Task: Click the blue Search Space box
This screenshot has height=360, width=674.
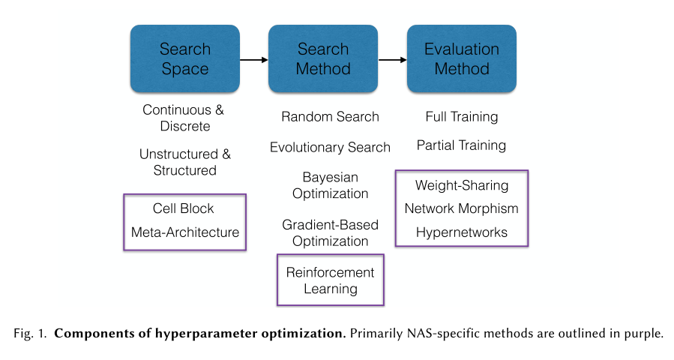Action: [184, 58]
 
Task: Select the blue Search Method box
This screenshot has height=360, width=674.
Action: [323, 58]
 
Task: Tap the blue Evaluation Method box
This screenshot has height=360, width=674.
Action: [461, 58]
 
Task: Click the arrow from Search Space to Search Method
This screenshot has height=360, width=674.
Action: [253, 59]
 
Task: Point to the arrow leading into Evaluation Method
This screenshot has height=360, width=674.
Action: [392, 59]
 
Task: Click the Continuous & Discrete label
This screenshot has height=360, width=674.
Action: [184, 118]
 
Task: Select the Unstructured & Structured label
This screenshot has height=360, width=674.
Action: [184, 162]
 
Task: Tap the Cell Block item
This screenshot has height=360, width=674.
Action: [184, 208]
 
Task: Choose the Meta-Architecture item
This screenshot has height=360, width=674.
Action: [184, 232]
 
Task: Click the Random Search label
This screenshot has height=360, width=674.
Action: [330, 117]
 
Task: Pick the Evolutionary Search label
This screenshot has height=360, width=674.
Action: [330, 147]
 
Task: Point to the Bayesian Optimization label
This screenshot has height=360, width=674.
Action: [330, 185]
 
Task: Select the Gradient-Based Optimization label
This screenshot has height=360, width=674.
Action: [330, 232]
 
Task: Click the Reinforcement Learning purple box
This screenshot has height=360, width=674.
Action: [330, 280]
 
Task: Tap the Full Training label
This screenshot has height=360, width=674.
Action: [461, 117]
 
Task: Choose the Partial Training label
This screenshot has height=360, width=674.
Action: [461, 145]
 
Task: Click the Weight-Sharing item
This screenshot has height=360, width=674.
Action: [461, 185]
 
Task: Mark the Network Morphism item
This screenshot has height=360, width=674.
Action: [461, 208]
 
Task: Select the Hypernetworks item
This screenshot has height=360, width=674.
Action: [461, 232]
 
